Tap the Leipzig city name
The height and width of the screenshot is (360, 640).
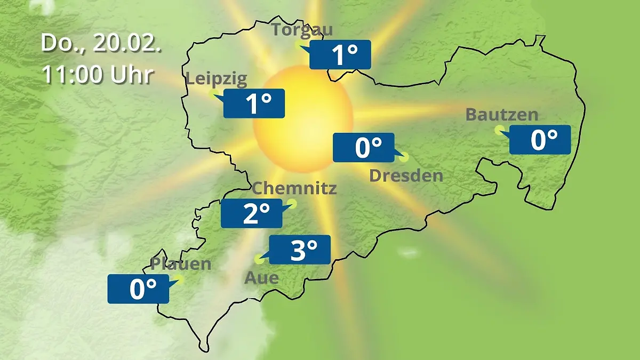point(217,79)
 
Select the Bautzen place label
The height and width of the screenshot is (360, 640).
point(502,115)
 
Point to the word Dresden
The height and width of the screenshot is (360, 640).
point(406,175)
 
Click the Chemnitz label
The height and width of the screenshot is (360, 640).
point(294,188)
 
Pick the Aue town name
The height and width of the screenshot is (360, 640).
point(261,278)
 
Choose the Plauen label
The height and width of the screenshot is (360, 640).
point(181,264)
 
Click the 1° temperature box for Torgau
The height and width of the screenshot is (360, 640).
point(340,54)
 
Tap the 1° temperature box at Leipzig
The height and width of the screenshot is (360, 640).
point(254,103)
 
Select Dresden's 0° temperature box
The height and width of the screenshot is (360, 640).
point(364,148)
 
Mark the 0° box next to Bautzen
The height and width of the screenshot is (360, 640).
point(540,140)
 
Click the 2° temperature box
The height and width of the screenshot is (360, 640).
point(252,214)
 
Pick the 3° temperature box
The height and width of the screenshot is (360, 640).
point(300,250)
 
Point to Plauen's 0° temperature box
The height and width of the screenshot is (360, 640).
point(138,289)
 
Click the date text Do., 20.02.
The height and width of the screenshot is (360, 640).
point(101,44)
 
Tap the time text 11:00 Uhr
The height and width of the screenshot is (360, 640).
point(98,75)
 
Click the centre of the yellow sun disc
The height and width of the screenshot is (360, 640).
point(302,118)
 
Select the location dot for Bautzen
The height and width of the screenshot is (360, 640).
point(499,129)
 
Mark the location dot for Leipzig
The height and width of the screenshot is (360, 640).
point(213,94)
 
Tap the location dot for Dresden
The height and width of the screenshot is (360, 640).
point(403,157)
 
